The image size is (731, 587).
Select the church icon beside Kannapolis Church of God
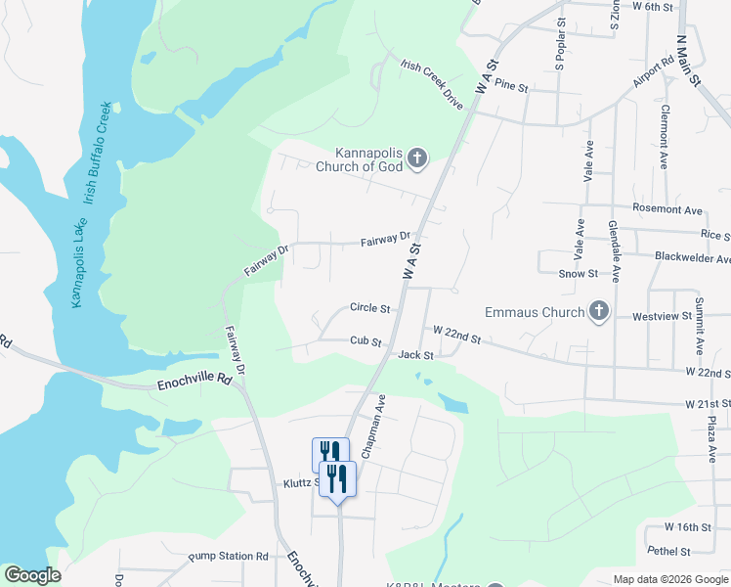tap(417, 158)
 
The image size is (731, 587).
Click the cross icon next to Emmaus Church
tap(599, 312)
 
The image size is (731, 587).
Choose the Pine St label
tap(510, 87)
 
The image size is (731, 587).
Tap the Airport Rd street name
tap(652, 72)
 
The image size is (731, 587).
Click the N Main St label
tap(691, 61)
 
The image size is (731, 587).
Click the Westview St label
tap(662, 317)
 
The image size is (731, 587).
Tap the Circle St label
tap(370, 308)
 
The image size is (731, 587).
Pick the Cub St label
tap(365, 341)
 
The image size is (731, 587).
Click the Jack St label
tap(415, 354)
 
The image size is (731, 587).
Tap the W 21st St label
tap(708, 403)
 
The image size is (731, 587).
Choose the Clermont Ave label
tap(664, 137)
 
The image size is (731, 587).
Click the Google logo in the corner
tap(33, 575)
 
